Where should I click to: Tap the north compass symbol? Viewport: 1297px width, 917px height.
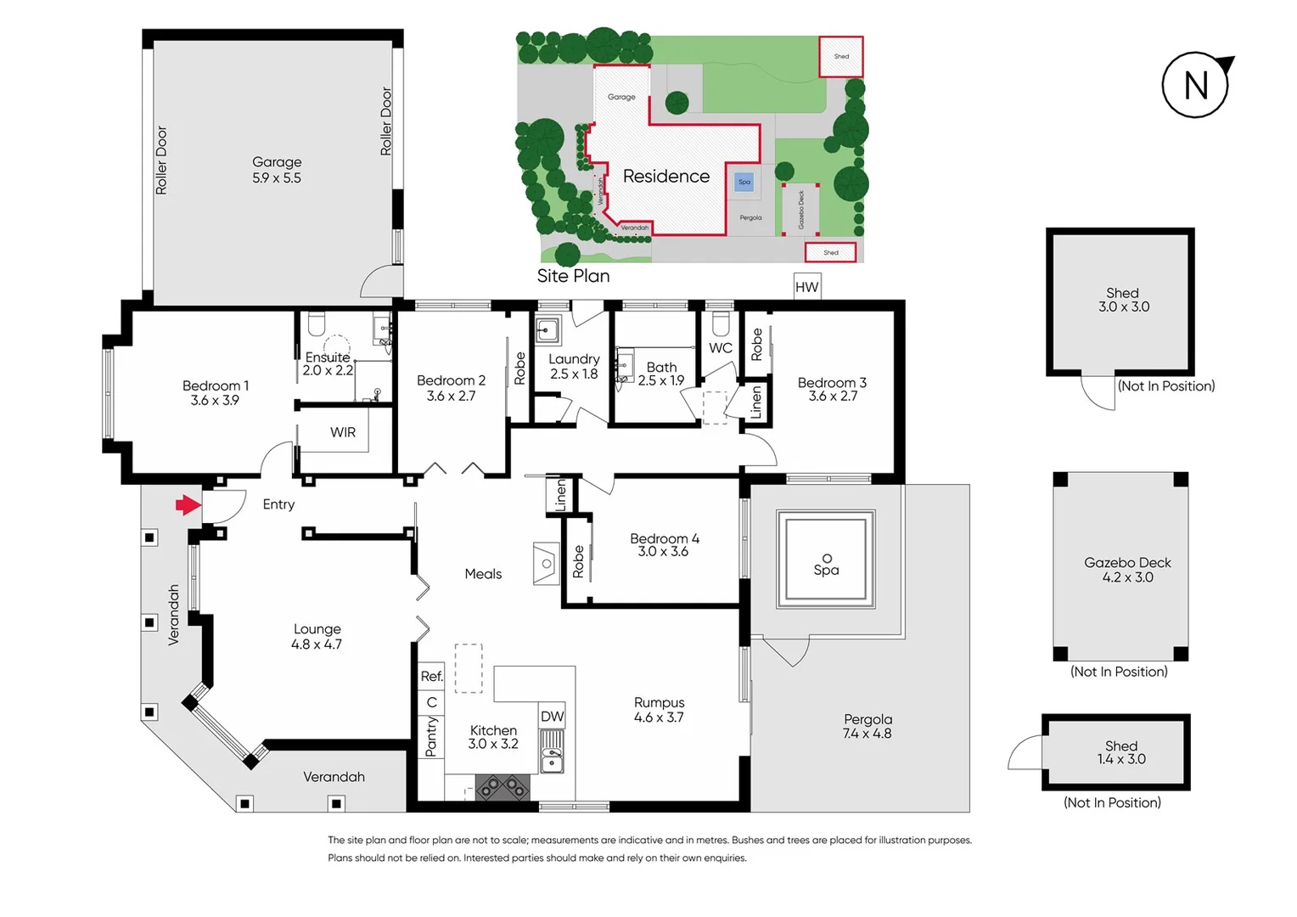tap(1196, 85)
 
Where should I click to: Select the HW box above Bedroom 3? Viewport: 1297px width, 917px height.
tap(806, 287)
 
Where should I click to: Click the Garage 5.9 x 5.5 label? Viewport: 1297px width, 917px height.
tap(277, 170)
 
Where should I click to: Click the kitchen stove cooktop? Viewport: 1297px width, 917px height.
tap(502, 788)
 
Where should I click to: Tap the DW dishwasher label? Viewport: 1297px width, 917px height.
tap(552, 716)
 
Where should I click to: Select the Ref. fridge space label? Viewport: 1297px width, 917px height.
tap(431, 676)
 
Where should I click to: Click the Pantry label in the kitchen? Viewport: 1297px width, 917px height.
tap(431, 735)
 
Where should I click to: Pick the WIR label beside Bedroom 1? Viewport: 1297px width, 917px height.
tap(343, 432)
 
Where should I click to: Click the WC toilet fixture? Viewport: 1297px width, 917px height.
tap(721, 324)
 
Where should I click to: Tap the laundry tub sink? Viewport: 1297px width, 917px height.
tap(547, 329)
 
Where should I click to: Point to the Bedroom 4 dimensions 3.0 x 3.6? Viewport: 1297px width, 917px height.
tap(663, 552)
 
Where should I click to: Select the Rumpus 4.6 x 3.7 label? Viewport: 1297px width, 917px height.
tap(659, 710)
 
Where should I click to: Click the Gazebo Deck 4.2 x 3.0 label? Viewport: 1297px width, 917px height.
tap(1127, 570)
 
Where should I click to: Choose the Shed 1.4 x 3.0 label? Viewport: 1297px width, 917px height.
tap(1121, 752)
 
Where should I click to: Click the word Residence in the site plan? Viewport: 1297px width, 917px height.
tap(665, 176)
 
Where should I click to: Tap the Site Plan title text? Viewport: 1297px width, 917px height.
tap(573, 276)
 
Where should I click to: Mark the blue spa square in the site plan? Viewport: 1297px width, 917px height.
tap(744, 182)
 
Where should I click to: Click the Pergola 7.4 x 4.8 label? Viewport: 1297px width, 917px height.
tap(867, 726)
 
